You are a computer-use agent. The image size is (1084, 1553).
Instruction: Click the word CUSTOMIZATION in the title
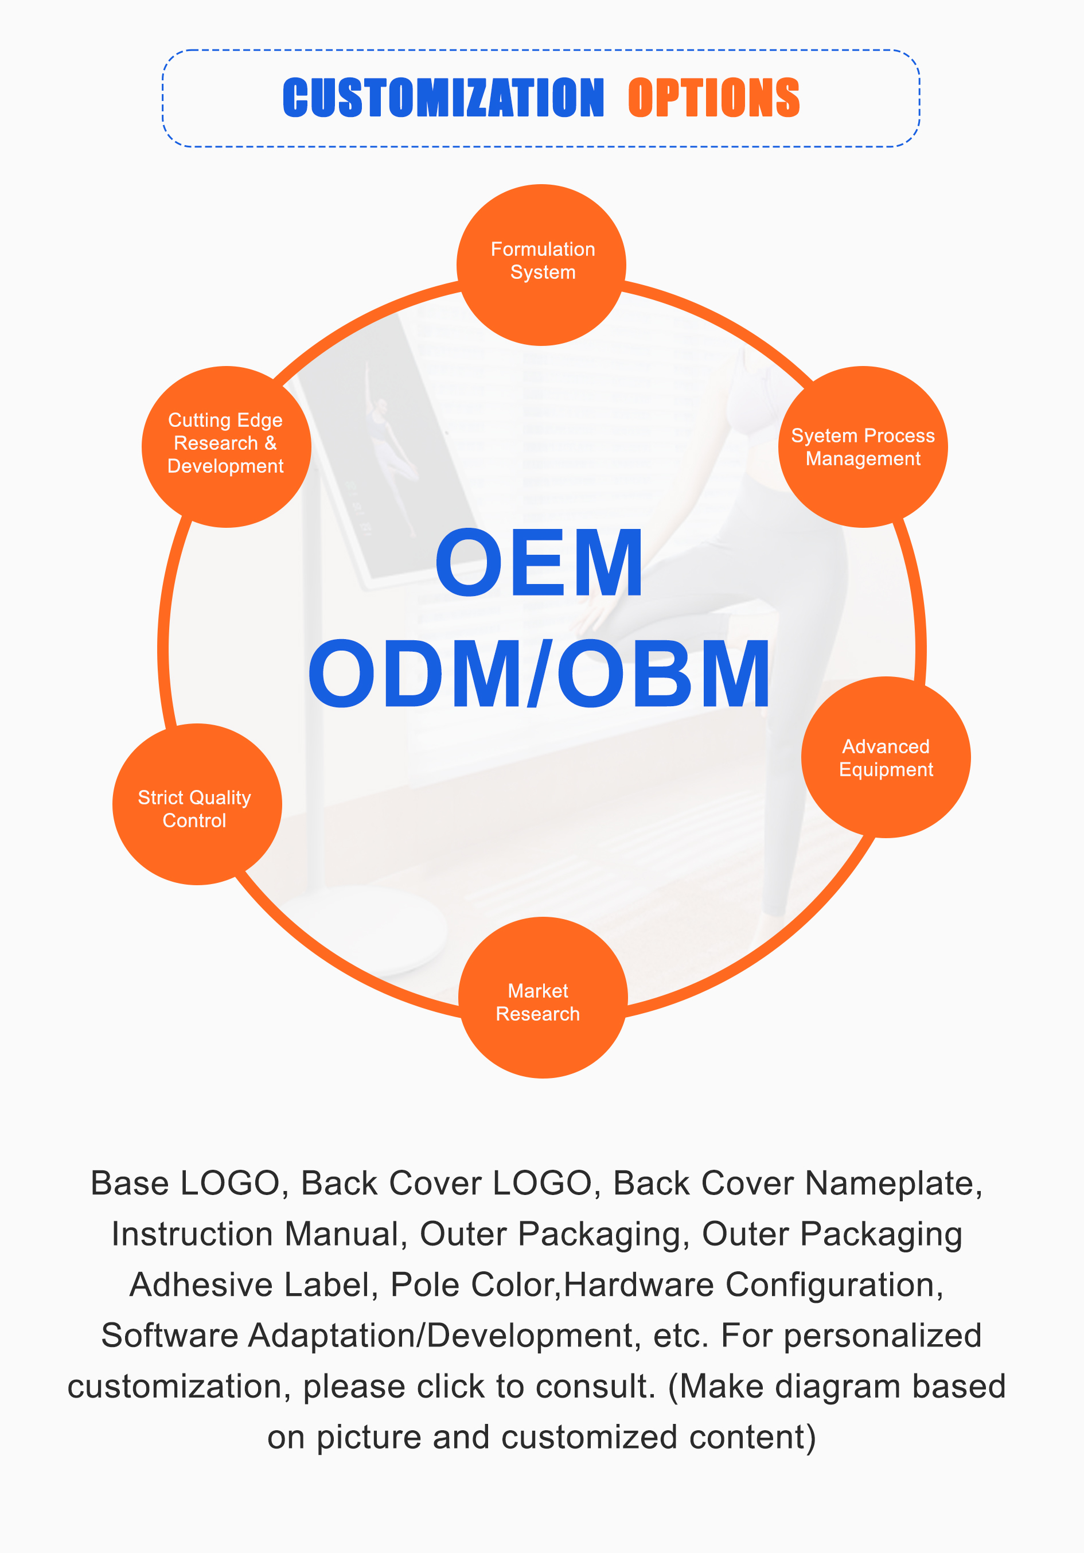tap(443, 98)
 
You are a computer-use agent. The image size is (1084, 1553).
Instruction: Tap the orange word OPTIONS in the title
tap(713, 98)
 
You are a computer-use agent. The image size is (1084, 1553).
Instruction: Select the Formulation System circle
tap(541, 264)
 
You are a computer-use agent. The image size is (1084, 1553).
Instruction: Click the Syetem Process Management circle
tap(863, 447)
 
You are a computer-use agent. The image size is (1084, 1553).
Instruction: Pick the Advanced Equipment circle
tap(886, 757)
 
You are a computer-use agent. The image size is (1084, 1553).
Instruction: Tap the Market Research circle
tap(543, 998)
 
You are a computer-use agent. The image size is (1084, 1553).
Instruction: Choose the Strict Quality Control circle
tap(197, 805)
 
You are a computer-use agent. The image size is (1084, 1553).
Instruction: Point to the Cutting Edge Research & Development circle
tap(226, 446)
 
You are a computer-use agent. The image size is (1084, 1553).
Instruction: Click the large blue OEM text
tap(539, 563)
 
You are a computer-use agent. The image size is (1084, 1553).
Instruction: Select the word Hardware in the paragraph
tap(638, 1285)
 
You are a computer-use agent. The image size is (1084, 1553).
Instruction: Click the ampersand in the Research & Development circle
tap(271, 443)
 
